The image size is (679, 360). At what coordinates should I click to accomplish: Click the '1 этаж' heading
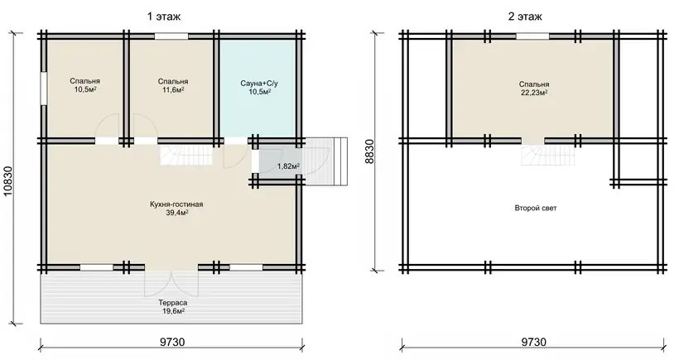pyautogui.click(x=164, y=17)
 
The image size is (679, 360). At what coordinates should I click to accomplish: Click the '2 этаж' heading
pyautogui.click(x=525, y=17)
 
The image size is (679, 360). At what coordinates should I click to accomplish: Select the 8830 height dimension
pyautogui.click(x=369, y=151)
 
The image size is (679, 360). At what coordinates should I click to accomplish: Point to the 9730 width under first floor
pyautogui.click(x=172, y=343)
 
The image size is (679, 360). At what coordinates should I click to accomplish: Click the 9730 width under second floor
pyautogui.click(x=533, y=343)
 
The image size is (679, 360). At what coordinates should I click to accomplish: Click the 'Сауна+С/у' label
pyautogui.click(x=259, y=83)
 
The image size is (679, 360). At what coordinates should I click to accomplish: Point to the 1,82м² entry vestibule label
pyautogui.click(x=289, y=166)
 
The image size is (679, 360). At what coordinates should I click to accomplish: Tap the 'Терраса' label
pyautogui.click(x=173, y=303)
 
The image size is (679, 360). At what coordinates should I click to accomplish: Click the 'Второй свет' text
pyautogui.click(x=536, y=208)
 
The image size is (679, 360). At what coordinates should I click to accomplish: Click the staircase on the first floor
pyautogui.click(x=186, y=155)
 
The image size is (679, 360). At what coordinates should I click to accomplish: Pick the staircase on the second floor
pyautogui.click(x=548, y=155)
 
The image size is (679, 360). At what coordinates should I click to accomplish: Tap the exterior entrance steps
pyautogui.click(x=326, y=161)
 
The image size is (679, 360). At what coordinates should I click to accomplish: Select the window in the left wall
pyautogui.click(x=44, y=89)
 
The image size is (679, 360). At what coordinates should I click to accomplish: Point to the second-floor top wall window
pyautogui.click(x=532, y=36)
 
